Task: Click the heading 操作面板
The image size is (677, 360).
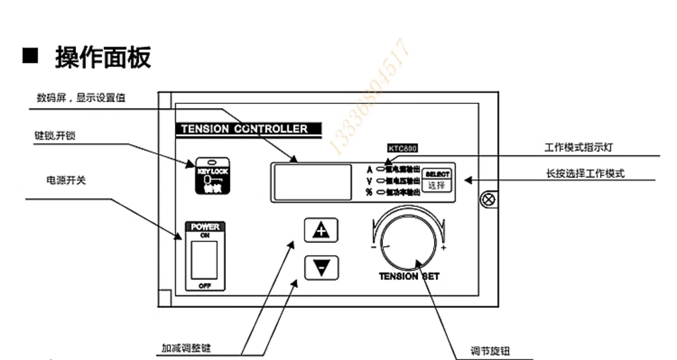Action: (103, 58)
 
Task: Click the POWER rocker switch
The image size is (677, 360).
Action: (204, 260)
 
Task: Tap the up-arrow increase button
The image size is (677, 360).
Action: (321, 230)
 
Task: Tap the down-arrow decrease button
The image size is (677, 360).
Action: (321, 268)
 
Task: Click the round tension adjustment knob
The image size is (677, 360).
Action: (408, 242)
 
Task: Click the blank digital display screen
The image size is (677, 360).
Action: (313, 182)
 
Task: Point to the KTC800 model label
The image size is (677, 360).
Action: (403, 148)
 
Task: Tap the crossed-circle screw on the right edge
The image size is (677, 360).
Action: (488, 199)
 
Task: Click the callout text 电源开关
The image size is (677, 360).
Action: (66, 180)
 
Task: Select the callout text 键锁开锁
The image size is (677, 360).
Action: (55, 136)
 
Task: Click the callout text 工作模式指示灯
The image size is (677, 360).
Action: (578, 147)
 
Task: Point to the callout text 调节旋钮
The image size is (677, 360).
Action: (490, 351)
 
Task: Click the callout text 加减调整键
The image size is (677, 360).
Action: (186, 348)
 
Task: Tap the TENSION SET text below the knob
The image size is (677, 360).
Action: (409, 276)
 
